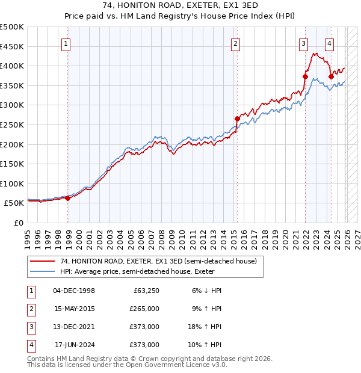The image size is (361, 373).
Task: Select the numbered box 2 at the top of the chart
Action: (x=235, y=43)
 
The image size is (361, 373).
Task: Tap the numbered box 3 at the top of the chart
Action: (x=304, y=43)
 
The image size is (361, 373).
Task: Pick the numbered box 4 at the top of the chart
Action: (x=330, y=43)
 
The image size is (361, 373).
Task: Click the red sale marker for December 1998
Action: (x=68, y=199)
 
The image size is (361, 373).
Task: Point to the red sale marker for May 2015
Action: (x=237, y=119)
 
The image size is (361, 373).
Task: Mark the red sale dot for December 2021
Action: (x=305, y=76)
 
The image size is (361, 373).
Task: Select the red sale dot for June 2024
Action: (x=332, y=76)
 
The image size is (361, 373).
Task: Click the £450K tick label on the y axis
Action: (x=11, y=46)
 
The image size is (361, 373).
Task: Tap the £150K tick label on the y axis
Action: (x=11, y=164)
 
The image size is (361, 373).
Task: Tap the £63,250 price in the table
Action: (x=144, y=291)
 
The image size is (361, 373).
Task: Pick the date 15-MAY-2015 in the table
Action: (x=74, y=309)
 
